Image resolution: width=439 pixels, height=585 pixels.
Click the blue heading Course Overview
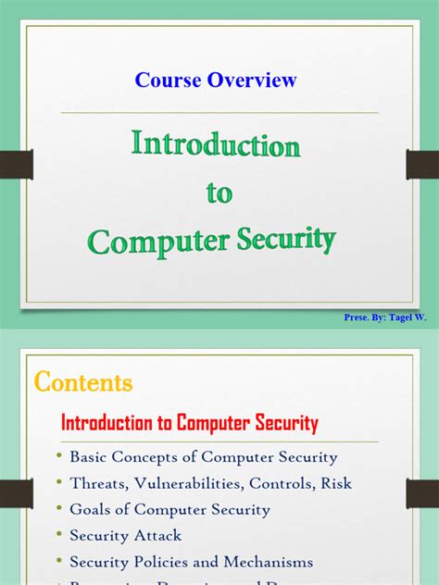click(216, 80)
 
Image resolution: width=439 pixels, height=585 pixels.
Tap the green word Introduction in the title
click(216, 145)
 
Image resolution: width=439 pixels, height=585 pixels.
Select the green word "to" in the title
click(219, 193)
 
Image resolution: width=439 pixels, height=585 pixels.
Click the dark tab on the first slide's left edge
click(18, 165)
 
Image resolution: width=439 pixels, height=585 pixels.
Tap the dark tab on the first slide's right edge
click(421, 165)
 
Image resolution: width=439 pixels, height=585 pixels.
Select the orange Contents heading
click(83, 382)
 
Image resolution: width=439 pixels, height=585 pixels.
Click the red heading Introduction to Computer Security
click(189, 424)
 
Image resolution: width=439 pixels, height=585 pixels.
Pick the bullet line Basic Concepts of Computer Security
click(203, 457)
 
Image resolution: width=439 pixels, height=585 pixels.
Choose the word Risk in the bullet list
click(334, 483)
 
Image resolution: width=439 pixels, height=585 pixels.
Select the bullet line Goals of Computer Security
click(169, 509)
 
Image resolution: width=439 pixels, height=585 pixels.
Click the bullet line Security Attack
click(125, 535)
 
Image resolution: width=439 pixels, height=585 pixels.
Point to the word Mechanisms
click(268, 562)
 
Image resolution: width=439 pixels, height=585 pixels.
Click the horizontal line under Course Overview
click(219, 113)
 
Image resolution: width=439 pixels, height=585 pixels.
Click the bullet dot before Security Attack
click(60, 534)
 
